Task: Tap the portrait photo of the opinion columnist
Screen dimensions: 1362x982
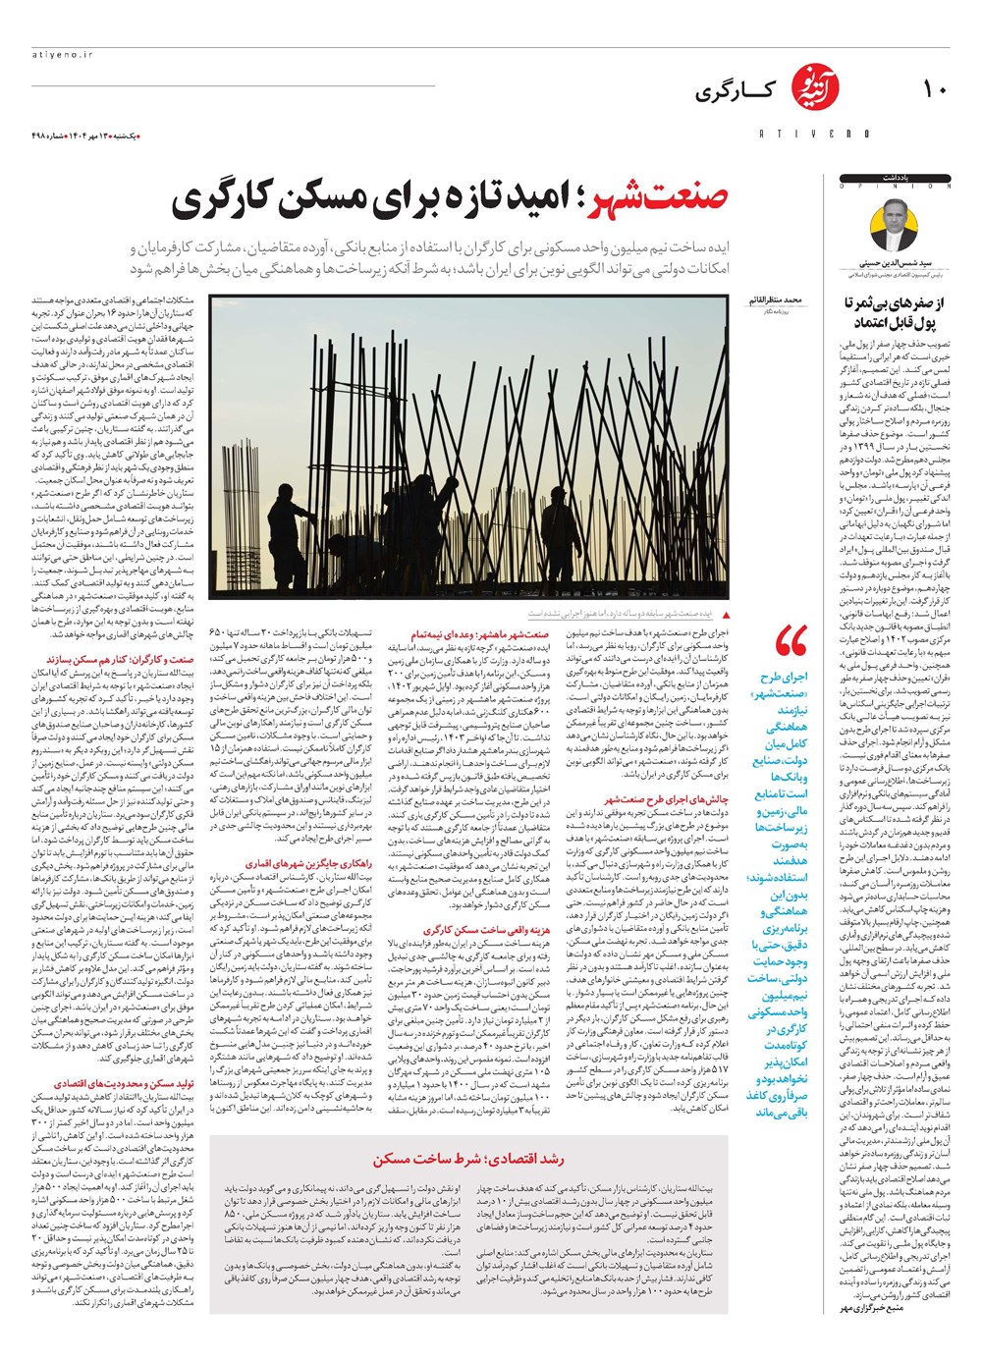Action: [894, 225]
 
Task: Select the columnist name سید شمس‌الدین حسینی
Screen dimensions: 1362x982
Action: [893, 264]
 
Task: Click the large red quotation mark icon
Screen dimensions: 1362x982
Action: [791, 644]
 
